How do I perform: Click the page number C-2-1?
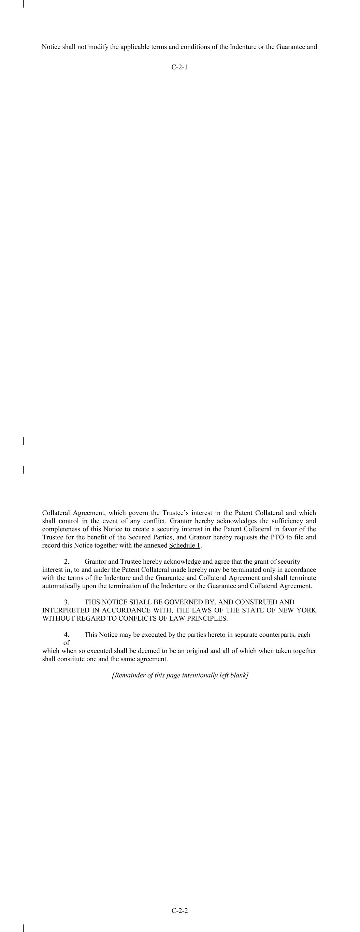179,67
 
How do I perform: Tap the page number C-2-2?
179,910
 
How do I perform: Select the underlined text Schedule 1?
185,545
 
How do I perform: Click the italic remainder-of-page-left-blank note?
180,675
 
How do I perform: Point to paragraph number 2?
67,562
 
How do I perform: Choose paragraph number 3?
67,602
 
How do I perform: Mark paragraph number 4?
67,635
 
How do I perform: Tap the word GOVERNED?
181,602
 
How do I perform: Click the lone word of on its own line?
67,642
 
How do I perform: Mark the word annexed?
156,545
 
